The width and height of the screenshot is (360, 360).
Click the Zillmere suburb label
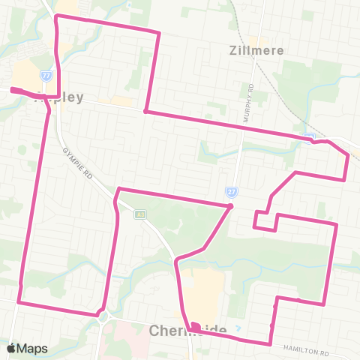251,52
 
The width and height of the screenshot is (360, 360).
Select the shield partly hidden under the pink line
310,137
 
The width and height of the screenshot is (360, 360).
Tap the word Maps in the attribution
33,349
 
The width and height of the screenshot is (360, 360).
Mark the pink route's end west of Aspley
13,91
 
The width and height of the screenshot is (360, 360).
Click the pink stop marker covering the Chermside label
194,326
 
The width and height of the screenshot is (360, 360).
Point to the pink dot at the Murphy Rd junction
232,206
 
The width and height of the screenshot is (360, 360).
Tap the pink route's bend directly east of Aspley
145,112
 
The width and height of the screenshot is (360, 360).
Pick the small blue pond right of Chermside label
237,328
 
